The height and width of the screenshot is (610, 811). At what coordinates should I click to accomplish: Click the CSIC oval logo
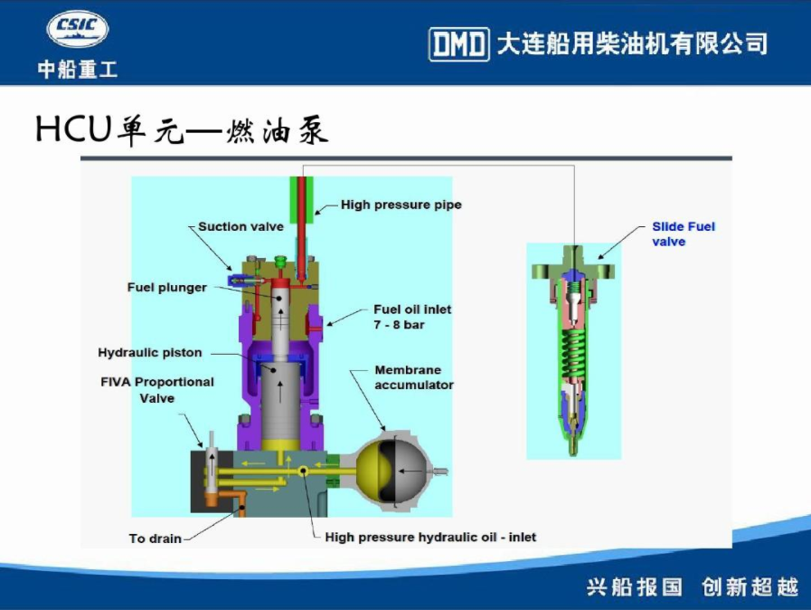tap(78, 28)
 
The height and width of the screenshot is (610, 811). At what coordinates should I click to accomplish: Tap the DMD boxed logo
tap(458, 44)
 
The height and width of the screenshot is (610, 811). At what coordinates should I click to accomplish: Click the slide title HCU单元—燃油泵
tap(182, 129)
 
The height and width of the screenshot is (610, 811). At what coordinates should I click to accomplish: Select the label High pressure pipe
tap(401, 205)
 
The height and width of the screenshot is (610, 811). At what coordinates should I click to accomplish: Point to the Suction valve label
tap(241, 226)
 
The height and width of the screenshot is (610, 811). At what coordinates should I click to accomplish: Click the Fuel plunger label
tap(167, 288)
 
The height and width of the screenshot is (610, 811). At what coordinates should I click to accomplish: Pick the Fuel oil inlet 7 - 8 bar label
tap(412, 317)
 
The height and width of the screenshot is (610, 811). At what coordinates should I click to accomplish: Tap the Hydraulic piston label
tap(150, 353)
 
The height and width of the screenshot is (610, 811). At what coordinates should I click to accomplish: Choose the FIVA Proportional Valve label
tap(157, 390)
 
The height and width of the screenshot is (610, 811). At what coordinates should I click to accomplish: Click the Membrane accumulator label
tap(414, 377)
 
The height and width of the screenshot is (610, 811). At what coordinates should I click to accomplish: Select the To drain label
tap(156, 539)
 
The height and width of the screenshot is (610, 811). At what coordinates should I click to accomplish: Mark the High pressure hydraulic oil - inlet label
tap(430, 537)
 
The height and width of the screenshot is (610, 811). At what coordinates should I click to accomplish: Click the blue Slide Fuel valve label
tap(684, 234)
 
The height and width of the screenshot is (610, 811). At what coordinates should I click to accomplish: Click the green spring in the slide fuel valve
tap(573, 352)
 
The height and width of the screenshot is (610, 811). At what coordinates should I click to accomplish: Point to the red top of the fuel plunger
tap(281, 284)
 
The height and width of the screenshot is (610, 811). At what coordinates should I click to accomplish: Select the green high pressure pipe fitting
tap(302, 195)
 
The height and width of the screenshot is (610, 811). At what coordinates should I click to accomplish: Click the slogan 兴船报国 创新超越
tap(693, 587)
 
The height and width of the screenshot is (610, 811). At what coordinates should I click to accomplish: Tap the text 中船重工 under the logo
tap(78, 70)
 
